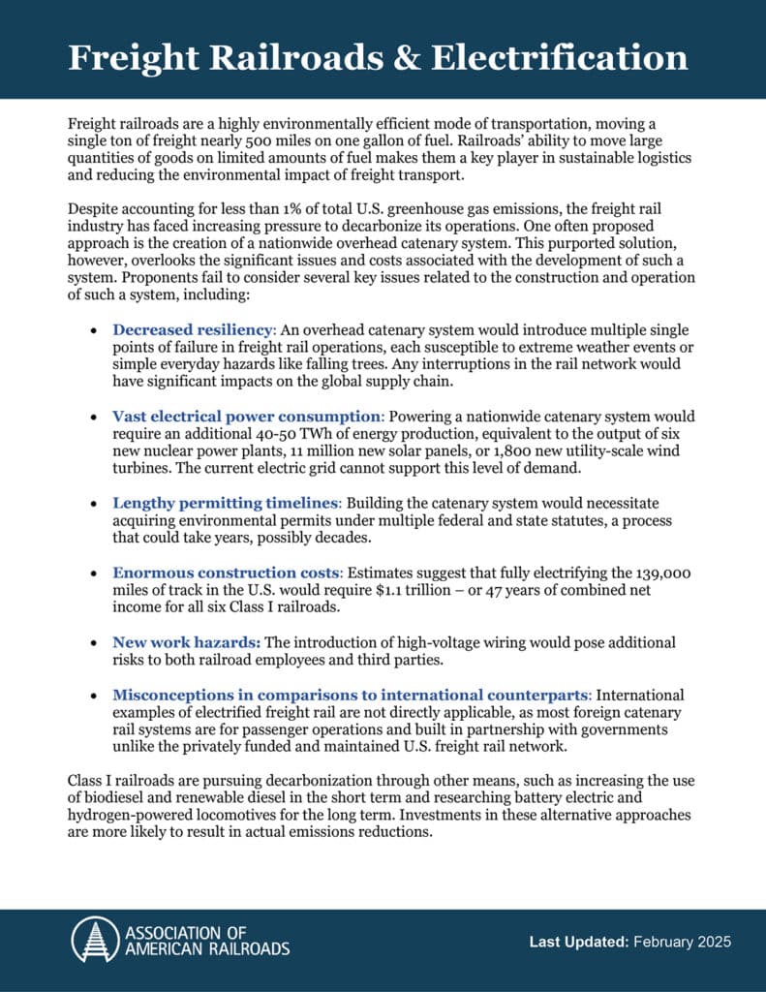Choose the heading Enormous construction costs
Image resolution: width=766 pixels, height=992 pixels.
point(225,573)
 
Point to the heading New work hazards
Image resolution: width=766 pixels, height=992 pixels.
point(185,642)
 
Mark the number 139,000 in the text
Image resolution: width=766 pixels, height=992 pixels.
point(664,573)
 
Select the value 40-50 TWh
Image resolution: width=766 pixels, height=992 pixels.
point(528,434)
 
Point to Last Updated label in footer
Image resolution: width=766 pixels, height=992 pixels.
point(578,942)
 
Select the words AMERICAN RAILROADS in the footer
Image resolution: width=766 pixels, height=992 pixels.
point(206,949)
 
